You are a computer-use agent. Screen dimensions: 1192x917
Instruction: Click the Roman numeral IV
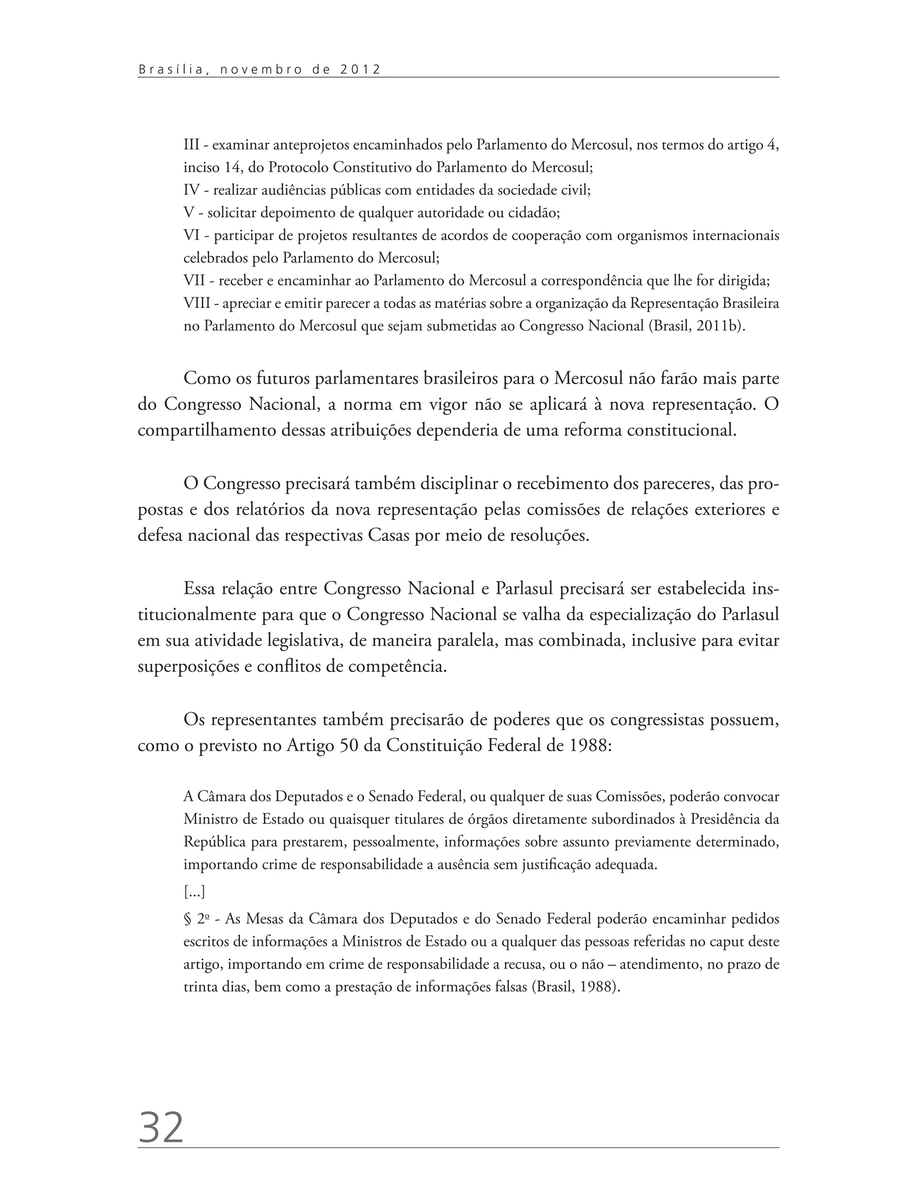[x=191, y=190]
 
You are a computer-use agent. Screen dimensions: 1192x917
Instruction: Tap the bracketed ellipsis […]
[x=194, y=893]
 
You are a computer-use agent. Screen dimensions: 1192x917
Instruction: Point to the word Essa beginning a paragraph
[x=200, y=589]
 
